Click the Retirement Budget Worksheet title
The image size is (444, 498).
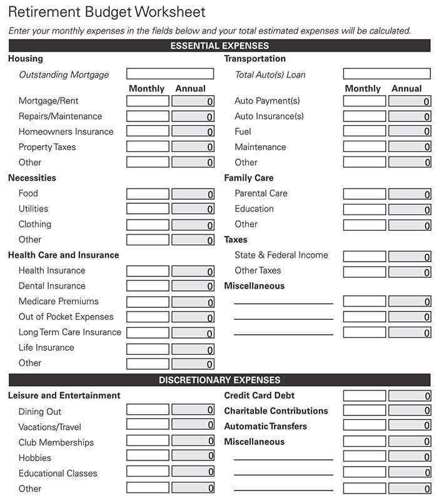coord(106,12)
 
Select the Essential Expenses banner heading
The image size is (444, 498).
coord(219,46)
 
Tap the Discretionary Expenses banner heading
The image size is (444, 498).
coord(219,380)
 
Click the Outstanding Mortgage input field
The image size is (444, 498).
coord(169,74)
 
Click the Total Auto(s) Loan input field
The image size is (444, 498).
coord(386,74)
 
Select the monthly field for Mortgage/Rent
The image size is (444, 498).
coord(148,101)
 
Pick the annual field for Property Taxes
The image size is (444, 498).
coord(193,147)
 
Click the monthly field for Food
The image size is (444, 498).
coord(148,194)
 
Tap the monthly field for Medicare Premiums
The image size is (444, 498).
coord(148,302)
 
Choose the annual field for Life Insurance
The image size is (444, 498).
coord(193,348)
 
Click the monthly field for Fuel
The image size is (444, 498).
coord(365,131)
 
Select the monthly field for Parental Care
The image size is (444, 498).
coord(365,194)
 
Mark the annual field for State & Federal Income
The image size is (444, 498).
coord(410,256)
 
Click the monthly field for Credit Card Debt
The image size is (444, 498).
coord(365,395)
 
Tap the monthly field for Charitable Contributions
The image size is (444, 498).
coord(365,411)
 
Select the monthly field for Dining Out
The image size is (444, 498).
coord(148,410)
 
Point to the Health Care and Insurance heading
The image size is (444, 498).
coord(63,255)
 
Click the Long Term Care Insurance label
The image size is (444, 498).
coord(69,332)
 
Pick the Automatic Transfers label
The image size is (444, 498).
coord(265,426)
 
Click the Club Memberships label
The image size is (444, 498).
coord(56,442)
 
